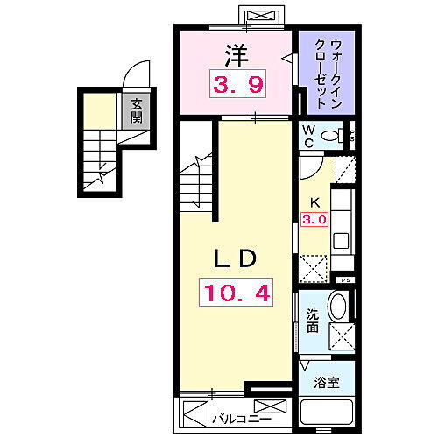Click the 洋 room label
pos(234,54)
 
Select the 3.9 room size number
pos(234,86)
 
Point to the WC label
pos(307,134)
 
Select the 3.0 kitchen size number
pos(314,219)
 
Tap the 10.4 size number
pos(235,292)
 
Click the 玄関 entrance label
pos(137,112)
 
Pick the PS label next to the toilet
pos(352,135)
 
